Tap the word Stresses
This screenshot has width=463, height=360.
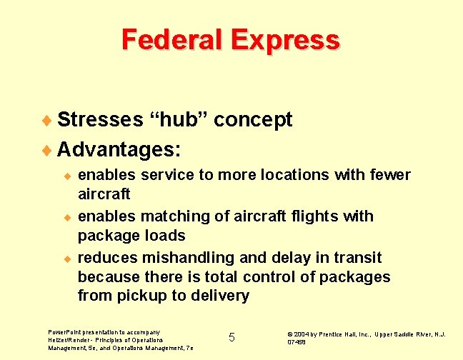point(99,120)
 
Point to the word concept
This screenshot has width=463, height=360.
point(253,121)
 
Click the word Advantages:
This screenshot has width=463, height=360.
point(119,150)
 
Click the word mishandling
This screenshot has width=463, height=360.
point(182,258)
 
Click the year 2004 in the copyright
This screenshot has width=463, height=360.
point(299,334)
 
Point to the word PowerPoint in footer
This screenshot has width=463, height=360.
point(64,332)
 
